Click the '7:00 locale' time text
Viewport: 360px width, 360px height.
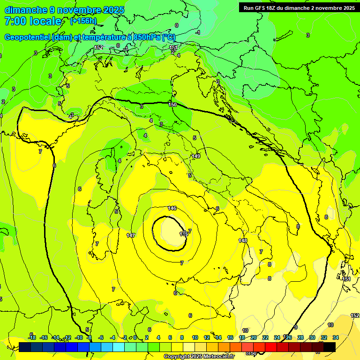tap(33, 21)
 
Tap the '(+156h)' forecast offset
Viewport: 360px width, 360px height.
tap(83, 21)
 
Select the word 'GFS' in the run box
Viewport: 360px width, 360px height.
tap(263, 8)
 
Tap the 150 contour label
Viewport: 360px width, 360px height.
tap(172, 105)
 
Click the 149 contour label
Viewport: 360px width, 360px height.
tap(196, 156)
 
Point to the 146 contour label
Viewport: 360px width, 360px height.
tap(172, 208)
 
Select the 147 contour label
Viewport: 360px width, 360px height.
tap(131, 235)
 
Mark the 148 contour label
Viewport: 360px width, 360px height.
tap(243, 240)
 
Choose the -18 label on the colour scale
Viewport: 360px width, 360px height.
tap(31, 337)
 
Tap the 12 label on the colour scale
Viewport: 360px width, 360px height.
tap(207, 337)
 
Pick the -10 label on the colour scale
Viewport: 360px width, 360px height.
tap(79, 337)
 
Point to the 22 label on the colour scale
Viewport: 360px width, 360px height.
tap(265, 337)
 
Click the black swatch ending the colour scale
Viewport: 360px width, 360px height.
tap(330, 347)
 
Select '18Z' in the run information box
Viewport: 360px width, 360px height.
tap(277, 8)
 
